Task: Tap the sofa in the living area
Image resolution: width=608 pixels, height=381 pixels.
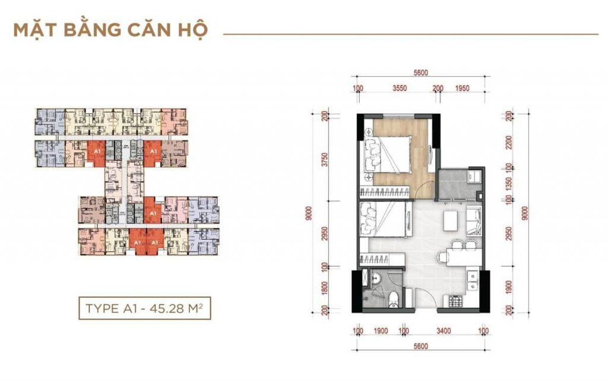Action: click(x=474, y=219)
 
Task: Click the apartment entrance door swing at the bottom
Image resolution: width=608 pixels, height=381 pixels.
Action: click(x=423, y=297)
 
